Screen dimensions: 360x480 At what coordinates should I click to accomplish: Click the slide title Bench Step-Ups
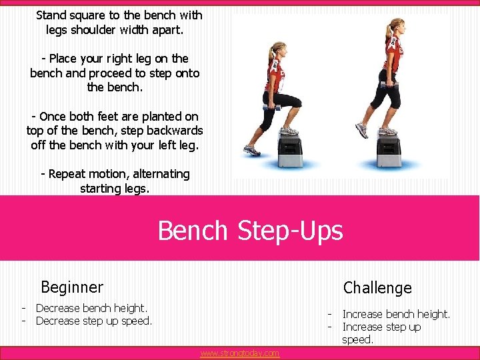(x=250, y=231)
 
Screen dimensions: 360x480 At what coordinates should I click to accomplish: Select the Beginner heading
(x=72, y=287)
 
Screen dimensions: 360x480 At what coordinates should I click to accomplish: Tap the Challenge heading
(x=377, y=288)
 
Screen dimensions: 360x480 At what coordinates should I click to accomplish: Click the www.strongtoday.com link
(x=239, y=353)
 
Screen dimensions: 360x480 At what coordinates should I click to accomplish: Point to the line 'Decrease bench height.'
(x=91, y=308)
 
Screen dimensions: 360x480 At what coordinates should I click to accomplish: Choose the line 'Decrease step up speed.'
(x=94, y=321)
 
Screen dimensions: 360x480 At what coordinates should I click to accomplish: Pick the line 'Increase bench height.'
(x=396, y=314)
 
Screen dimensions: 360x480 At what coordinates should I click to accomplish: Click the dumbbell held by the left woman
(x=271, y=107)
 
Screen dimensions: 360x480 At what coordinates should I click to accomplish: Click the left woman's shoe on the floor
(x=253, y=151)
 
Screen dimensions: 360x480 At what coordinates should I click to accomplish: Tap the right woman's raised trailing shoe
(x=361, y=129)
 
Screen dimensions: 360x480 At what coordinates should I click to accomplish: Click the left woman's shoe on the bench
(x=289, y=131)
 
